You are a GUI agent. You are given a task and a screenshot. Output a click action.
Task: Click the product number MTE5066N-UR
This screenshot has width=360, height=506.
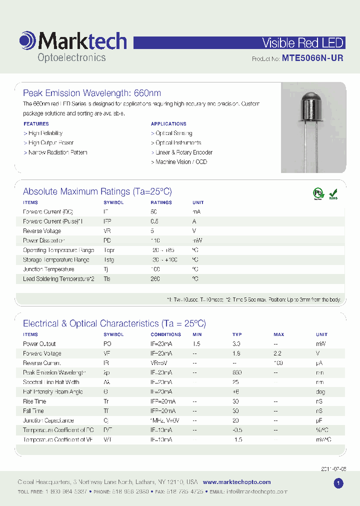coord(312,58)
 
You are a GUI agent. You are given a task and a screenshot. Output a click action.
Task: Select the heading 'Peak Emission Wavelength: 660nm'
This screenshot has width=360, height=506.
coord(92,93)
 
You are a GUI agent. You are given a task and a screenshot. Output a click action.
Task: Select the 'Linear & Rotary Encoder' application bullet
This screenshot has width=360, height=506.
coord(182,152)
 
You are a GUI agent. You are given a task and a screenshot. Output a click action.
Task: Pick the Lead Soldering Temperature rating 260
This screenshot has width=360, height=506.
coord(155,279)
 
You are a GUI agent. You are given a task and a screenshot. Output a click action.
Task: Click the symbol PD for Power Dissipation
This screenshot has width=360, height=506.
coord(107,240)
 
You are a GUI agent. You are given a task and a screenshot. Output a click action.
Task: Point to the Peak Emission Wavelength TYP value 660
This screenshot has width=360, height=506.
coord(237,373)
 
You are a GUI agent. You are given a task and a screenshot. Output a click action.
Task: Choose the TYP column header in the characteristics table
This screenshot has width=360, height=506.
coord(237,334)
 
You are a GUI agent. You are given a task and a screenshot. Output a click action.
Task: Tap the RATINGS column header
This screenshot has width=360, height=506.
coord(161,202)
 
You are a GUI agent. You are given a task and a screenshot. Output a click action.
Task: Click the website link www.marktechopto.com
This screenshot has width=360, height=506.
coord(236,482)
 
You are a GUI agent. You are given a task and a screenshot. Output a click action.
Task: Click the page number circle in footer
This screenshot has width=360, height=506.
coord(338,483)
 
